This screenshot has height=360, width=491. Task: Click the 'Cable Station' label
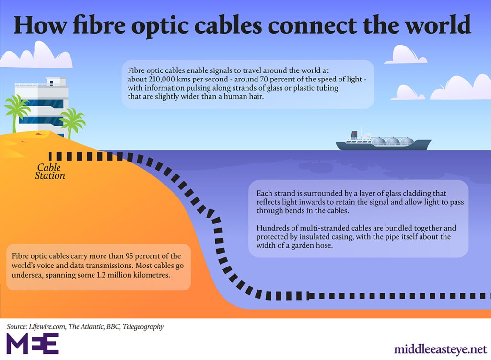tap(50, 172)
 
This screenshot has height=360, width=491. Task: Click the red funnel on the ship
tap(354, 134)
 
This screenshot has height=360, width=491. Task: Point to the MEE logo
tap(33, 343)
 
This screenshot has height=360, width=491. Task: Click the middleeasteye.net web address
tap(440, 349)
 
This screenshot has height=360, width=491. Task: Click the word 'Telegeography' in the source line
tap(143, 326)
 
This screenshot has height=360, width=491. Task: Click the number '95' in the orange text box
tap(129, 256)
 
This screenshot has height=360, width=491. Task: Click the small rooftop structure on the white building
tap(56, 81)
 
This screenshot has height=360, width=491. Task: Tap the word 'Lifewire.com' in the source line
tap(47, 326)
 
